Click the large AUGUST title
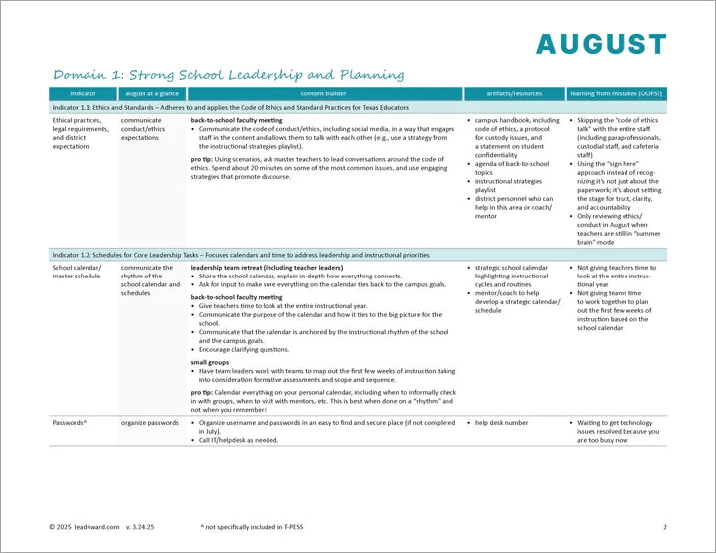[x=601, y=44]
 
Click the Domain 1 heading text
[x=228, y=75]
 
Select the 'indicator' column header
[x=84, y=93]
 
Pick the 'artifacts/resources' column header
[x=514, y=93]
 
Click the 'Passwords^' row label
[x=70, y=423]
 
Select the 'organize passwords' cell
[x=150, y=423]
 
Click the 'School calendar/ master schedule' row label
[x=78, y=273]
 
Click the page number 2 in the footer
[x=665, y=526]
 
